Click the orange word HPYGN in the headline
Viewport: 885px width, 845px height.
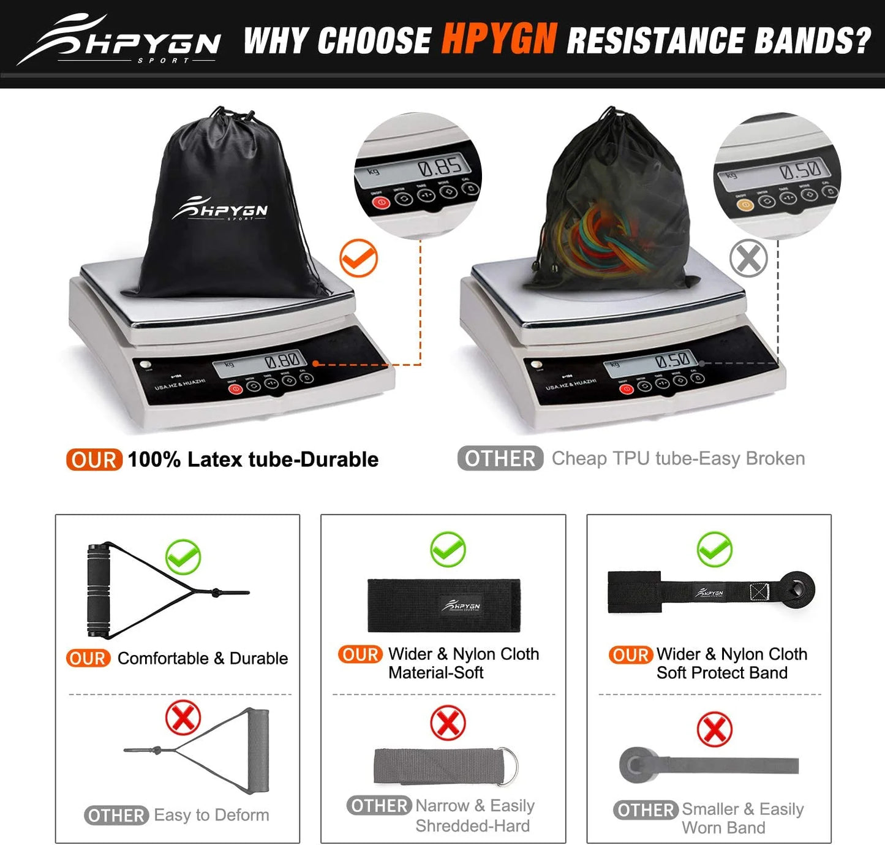[499, 39]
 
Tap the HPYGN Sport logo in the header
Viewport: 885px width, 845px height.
[119, 40]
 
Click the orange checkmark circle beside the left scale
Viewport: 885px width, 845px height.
[358, 258]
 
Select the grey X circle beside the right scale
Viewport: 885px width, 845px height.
[748, 258]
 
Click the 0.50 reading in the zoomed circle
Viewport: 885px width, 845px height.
[804, 169]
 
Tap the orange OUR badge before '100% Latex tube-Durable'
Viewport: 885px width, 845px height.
[94, 460]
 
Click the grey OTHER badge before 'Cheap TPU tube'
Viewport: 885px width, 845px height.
[500, 458]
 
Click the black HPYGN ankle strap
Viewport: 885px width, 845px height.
[443, 605]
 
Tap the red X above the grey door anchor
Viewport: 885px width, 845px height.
[714, 729]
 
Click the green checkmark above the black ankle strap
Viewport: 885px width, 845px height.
[448, 549]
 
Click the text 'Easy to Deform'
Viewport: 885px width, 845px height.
[211, 815]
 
